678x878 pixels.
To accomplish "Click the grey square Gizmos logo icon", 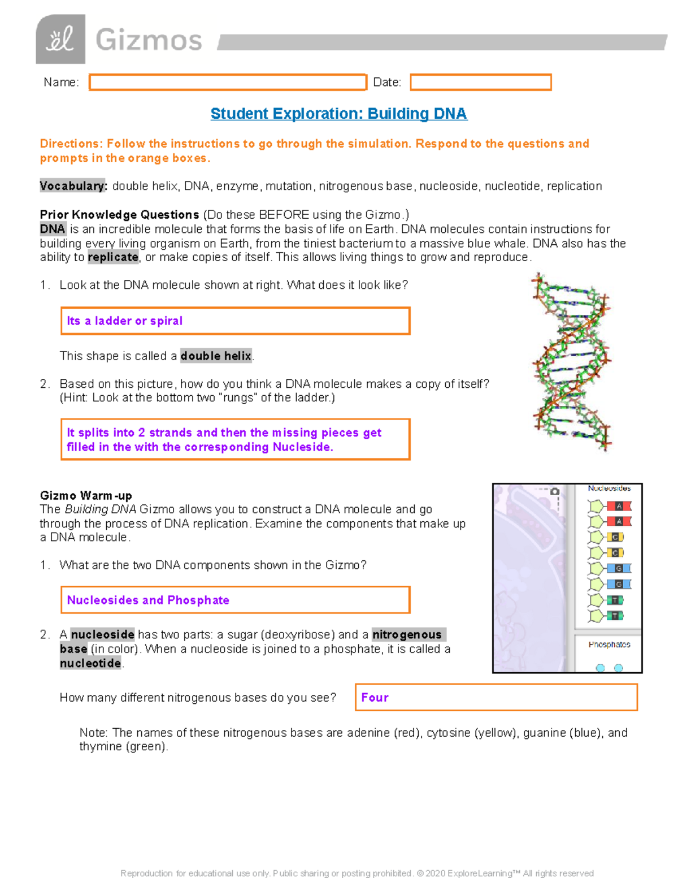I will click(x=60, y=40).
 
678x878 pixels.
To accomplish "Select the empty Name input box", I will click(x=228, y=83).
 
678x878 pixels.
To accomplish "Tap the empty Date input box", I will click(x=480, y=83).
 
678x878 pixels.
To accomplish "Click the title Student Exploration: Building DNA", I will click(x=338, y=114).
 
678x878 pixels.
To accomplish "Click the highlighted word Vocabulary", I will click(x=73, y=186).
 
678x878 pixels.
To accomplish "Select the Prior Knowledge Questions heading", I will click(x=119, y=215).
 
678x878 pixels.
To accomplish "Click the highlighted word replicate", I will click(x=113, y=257).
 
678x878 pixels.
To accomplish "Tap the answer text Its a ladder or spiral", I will click(x=125, y=321).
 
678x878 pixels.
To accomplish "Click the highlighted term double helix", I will click(x=216, y=356).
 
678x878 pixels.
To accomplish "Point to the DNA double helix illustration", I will click(x=571, y=362).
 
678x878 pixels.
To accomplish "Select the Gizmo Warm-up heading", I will click(x=86, y=496).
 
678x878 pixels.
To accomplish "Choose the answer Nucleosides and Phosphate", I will click(x=148, y=600).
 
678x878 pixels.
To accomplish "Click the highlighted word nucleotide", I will click(x=90, y=663).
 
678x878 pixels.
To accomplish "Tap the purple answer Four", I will click(x=375, y=698).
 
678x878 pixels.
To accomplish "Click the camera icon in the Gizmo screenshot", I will click(x=555, y=491).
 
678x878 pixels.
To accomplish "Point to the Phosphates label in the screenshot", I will click(x=609, y=645).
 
